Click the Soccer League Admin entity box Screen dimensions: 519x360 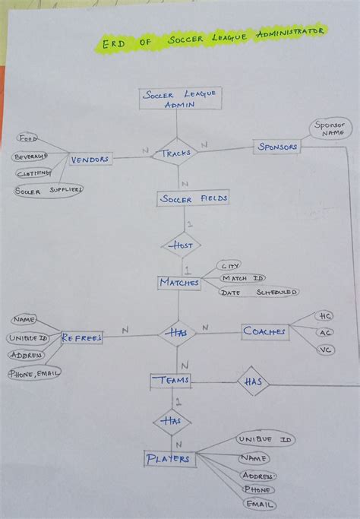click(180, 100)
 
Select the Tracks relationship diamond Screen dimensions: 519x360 click(176, 153)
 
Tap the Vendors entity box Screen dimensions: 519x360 click(90, 160)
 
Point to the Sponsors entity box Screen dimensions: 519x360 click(276, 146)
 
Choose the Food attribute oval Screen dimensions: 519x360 click(29, 139)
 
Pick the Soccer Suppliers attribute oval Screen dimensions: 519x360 click(48, 190)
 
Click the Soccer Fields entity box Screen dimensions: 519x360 click(182, 200)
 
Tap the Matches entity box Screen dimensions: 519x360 click(179, 283)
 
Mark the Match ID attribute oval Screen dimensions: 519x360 click(244, 278)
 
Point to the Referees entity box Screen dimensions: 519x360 click(81, 338)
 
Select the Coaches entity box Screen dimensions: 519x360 click(265, 331)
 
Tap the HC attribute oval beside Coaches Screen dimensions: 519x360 click(325, 315)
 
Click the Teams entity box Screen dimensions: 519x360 click(171, 380)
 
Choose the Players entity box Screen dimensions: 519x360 click(168, 459)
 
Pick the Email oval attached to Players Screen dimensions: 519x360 click(259, 505)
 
